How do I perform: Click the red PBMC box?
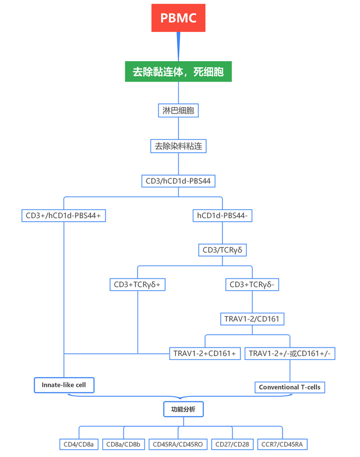point(178,18)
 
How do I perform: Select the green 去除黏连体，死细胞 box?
point(178,72)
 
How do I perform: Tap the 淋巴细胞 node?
point(178,110)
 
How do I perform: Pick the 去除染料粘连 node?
point(178,146)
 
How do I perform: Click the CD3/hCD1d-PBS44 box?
point(178,181)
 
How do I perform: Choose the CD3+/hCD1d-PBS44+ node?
point(63,215)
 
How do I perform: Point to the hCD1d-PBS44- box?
point(222,215)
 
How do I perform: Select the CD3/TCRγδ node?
point(222,250)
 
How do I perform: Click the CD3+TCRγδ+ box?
point(138,285)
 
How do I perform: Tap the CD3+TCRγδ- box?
point(252,285)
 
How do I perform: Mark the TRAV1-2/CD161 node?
point(252,319)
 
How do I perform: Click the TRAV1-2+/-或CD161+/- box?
point(290,353)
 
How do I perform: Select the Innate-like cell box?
point(63,385)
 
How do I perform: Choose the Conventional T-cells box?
point(290,387)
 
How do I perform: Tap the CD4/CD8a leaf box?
point(79,444)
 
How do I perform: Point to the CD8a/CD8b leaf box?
point(124,444)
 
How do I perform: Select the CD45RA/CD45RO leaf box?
point(178,444)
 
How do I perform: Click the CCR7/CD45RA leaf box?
point(282,444)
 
